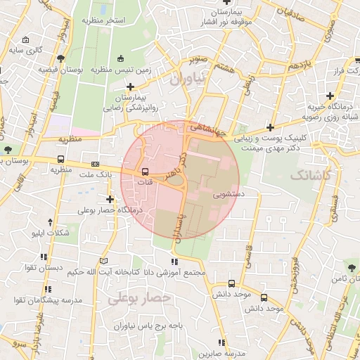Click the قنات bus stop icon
146,172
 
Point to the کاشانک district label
309,174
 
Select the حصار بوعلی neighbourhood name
140,298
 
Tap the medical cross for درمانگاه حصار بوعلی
110,199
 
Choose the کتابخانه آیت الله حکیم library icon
105,261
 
